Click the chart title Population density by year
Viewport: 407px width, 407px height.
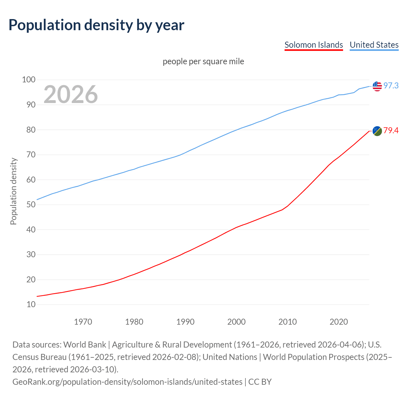[96, 25]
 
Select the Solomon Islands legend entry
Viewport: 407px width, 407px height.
[314, 45]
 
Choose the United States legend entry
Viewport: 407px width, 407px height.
[374, 45]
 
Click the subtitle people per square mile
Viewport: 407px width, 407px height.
[203, 61]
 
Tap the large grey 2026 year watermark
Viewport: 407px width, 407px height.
[71, 94]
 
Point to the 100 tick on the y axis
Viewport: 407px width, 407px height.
[29, 79]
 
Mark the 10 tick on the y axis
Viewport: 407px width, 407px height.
[31, 304]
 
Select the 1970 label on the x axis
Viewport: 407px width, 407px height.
[83, 322]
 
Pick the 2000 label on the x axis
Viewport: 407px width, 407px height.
[236, 322]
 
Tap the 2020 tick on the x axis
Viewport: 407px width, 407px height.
[339, 322]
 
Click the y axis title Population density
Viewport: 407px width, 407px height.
[13, 191]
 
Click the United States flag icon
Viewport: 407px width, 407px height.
[377, 86]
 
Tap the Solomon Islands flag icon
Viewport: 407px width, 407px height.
[377, 131]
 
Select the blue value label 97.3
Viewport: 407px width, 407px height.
[391, 86]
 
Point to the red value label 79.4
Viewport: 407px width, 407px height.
[391, 131]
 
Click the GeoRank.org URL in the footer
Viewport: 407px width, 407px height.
[127, 382]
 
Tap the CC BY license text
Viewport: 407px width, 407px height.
[260, 382]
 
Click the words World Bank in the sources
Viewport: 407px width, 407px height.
[85, 345]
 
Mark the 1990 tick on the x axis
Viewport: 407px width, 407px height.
[185, 322]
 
